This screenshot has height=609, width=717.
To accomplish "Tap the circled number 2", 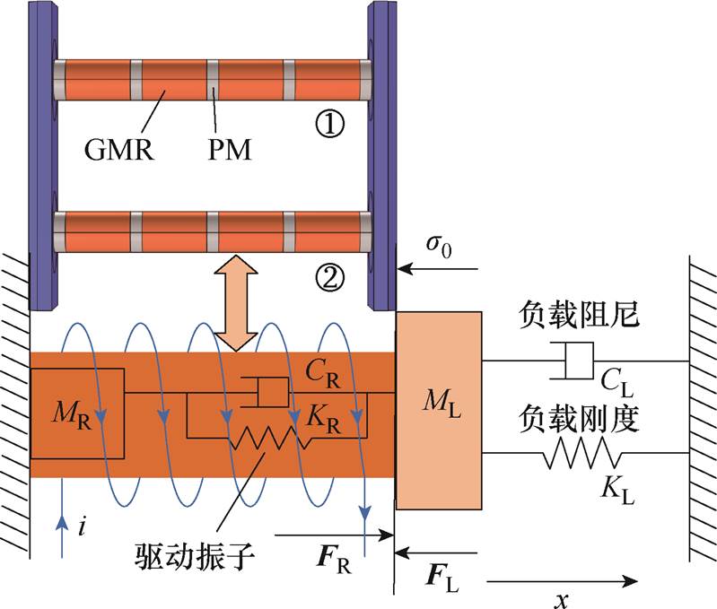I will click(331, 278).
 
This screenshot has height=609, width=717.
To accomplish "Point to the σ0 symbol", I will click(436, 246).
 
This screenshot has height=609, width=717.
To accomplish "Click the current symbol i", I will click(82, 528).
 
